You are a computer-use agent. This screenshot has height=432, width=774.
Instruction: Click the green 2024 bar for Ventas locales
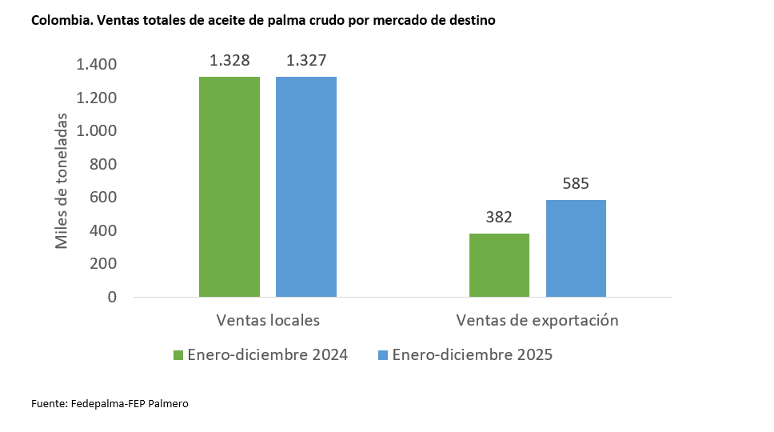coord(229,186)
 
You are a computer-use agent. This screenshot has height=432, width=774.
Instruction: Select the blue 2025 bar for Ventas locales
coord(306,186)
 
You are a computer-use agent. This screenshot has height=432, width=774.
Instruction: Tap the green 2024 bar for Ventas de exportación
coord(499,265)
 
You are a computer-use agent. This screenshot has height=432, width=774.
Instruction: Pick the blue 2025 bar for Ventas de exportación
coord(576,248)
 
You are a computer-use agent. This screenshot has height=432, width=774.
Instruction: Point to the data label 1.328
coord(229,60)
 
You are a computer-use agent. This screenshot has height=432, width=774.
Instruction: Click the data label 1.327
coord(306,60)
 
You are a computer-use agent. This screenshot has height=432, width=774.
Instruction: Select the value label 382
coord(499,217)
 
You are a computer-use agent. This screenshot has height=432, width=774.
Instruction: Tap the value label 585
coord(576,183)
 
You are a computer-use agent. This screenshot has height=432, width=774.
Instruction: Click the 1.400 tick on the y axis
coord(96,64)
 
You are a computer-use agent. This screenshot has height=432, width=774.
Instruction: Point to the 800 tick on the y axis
coord(102,164)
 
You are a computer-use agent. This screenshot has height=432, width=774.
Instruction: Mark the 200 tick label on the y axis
coord(102,263)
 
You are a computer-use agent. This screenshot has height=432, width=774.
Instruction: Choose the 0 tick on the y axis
coord(112,297)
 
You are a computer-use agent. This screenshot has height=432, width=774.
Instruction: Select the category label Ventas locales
coord(268,320)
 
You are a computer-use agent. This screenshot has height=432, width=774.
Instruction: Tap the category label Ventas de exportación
coord(537,320)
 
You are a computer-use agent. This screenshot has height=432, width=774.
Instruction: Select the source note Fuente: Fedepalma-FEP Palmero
coord(110,403)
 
